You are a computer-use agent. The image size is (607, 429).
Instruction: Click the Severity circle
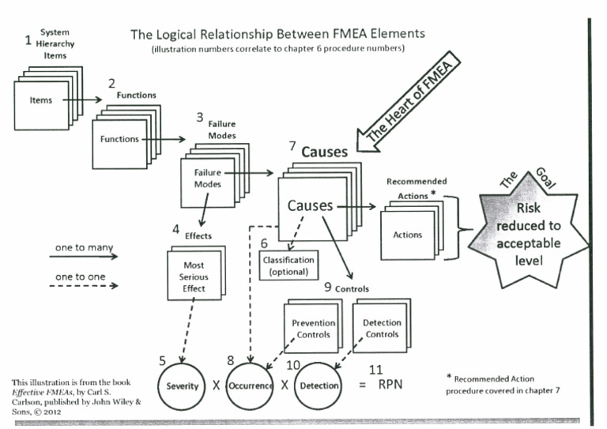[183, 386]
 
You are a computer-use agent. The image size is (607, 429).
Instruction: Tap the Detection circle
[319, 386]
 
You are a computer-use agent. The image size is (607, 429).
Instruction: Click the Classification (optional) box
[288, 265]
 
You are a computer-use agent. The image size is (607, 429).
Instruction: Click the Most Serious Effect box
[193, 277]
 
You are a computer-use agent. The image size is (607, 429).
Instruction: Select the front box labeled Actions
[407, 234]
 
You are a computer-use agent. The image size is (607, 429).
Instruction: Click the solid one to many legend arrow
[83, 256]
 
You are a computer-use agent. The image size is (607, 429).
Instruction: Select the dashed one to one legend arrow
[83, 285]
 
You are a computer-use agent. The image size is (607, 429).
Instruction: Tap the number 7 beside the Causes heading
[292, 145]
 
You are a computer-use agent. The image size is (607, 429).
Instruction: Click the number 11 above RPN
[378, 369]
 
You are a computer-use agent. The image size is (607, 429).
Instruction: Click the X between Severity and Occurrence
[216, 386]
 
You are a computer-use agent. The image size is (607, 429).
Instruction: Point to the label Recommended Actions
[416, 186]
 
